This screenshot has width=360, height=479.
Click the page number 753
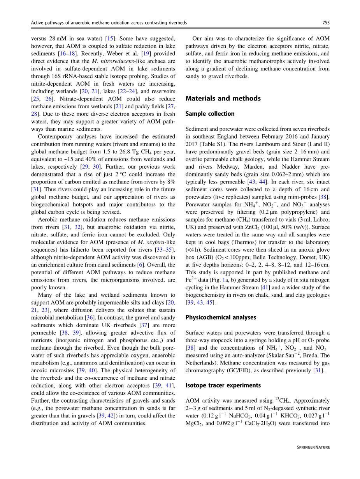point(326,23)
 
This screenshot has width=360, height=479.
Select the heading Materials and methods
point(223,99)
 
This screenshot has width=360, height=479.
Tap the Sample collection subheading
point(210,114)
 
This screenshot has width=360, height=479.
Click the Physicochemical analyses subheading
point(221,317)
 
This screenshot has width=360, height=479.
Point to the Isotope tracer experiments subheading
point(223,385)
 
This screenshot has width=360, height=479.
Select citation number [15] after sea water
point(110,39)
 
